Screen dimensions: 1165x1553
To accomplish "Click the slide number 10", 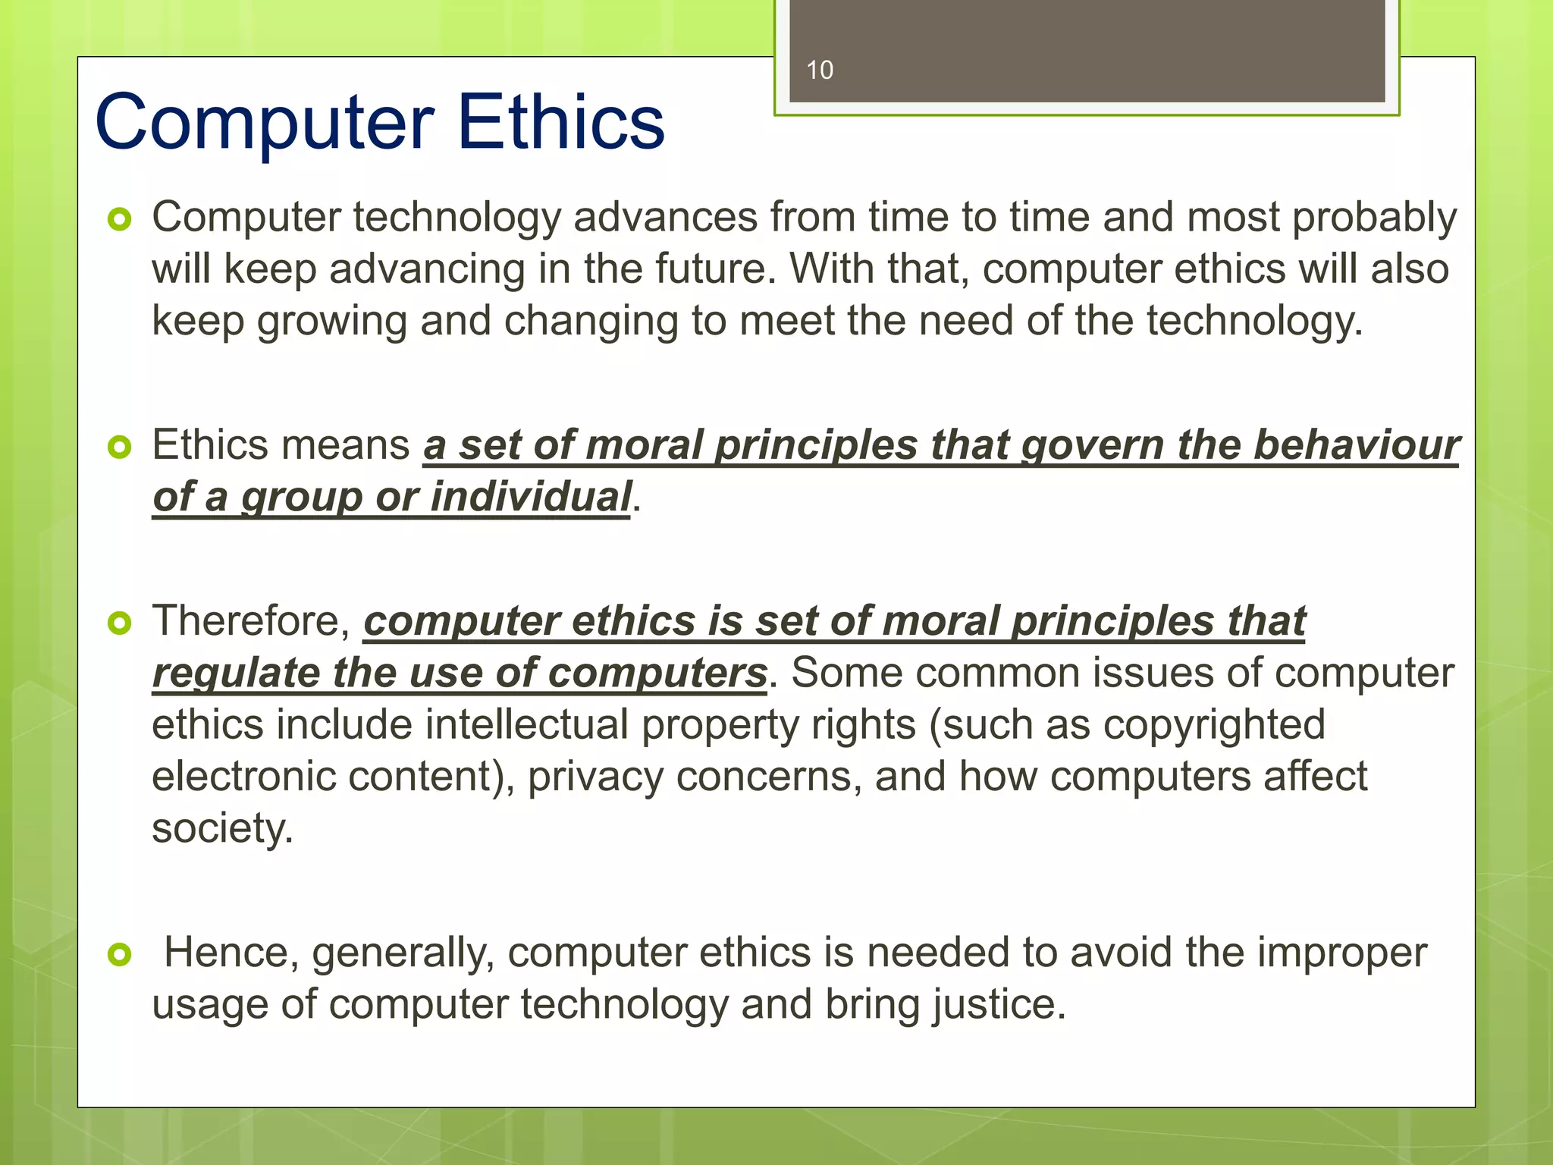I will click(x=819, y=70).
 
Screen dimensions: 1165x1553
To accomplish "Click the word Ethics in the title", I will click(x=560, y=122).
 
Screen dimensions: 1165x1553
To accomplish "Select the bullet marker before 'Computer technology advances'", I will click(x=120, y=220).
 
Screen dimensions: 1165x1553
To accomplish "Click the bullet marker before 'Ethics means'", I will click(x=120, y=447).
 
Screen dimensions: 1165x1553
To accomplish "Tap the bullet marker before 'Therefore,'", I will click(x=120, y=623).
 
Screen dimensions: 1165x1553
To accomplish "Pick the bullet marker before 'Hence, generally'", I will click(x=120, y=954).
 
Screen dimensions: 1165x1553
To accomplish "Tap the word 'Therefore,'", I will click(x=251, y=621).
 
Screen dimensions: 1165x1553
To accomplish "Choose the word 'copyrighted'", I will click(x=1213, y=725).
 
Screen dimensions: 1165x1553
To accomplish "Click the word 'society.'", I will click(x=222, y=827).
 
